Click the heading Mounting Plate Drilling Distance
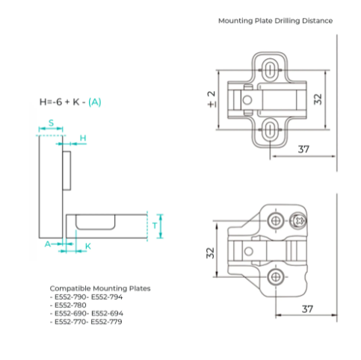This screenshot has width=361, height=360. coord(275,21)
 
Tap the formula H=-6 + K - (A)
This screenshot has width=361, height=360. coord(70,102)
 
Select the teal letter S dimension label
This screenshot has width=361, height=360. coord(51,122)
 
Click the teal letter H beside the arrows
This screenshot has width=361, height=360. coord(83,138)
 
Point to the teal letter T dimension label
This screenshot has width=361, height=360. coord(155,226)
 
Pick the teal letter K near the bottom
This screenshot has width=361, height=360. coord(88,246)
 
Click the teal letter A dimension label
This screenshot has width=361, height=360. coord(47,244)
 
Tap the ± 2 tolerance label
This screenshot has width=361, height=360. coord(212,99)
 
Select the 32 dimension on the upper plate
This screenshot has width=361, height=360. coord(318,99)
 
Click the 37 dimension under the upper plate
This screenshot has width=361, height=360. coord(303,149)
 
